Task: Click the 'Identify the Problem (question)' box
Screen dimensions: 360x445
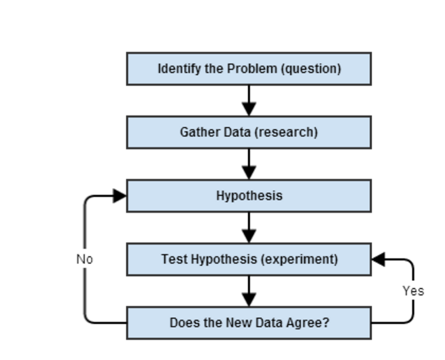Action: click(x=248, y=69)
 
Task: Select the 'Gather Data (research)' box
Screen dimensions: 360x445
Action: click(x=248, y=132)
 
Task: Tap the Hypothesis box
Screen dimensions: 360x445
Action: click(x=248, y=196)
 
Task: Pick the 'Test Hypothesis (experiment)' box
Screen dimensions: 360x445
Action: click(x=248, y=259)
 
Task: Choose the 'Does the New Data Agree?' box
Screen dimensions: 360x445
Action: click(x=248, y=323)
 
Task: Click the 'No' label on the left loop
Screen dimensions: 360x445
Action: click(x=84, y=259)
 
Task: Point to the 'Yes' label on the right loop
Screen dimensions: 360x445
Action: click(x=413, y=291)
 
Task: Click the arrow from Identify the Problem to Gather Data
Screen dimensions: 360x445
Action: click(x=248, y=100)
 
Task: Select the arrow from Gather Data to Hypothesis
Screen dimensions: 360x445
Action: click(x=248, y=164)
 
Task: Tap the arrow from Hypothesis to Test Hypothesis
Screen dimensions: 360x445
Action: click(x=248, y=228)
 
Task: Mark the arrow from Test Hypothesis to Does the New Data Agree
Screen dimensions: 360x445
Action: click(x=248, y=291)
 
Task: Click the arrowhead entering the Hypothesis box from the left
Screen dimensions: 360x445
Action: click(x=119, y=196)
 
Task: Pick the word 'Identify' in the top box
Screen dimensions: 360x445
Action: click(x=175, y=69)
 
